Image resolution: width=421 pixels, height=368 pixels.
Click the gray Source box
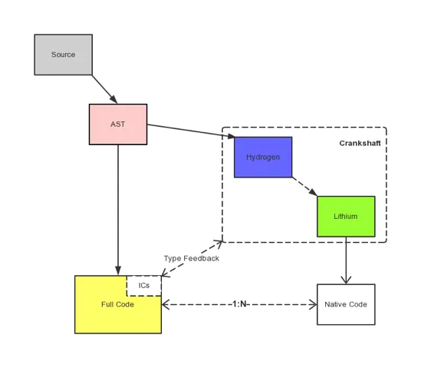(x=63, y=55)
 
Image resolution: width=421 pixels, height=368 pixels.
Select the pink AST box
(x=117, y=124)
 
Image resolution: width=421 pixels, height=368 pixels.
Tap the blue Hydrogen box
(x=262, y=157)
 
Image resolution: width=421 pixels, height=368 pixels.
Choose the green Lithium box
(x=345, y=216)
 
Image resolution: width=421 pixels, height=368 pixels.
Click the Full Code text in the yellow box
(x=117, y=305)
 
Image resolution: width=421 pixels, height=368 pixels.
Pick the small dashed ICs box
(x=144, y=285)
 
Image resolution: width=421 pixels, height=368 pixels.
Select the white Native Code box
(x=345, y=304)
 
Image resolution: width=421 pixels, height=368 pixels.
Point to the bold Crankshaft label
(x=360, y=144)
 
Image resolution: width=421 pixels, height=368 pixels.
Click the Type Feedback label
(x=191, y=258)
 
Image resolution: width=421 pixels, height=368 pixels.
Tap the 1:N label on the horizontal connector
(x=240, y=304)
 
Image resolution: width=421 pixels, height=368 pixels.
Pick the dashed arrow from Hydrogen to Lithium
(x=304, y=186)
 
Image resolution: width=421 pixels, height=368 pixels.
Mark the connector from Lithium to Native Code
(x=346, y=261)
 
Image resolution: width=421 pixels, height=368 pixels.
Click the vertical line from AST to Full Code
(x=118, y=207)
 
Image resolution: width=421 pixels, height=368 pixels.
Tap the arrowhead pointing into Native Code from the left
(x=311, y=305)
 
